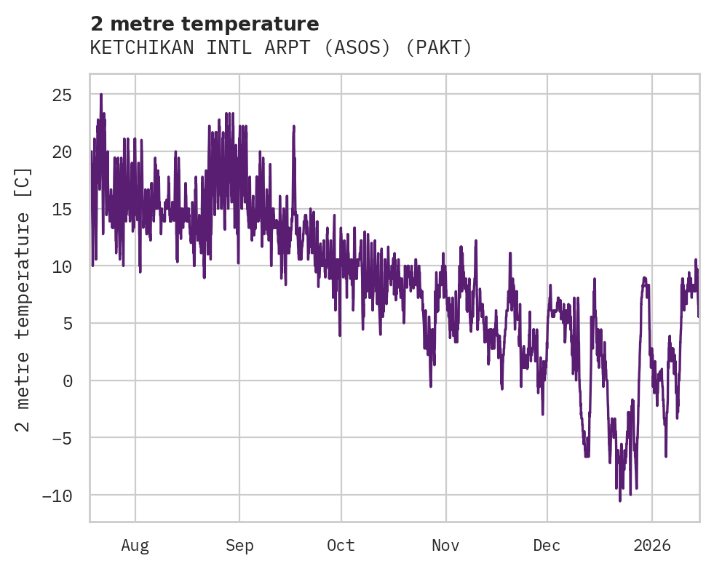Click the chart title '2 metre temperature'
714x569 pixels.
pos(205,24)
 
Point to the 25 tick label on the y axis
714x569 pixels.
pos(62,95)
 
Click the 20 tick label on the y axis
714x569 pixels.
pos(62,152)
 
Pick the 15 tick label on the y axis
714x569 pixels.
pos(62,210)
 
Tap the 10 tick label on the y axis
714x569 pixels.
pos(62,266)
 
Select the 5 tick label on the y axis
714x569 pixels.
pos(67,324)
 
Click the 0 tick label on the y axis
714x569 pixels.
pos(67,381)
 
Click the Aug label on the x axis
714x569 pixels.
pos(135,546)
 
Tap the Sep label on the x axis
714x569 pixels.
pos(239,546)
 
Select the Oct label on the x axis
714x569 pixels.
pos(341,546)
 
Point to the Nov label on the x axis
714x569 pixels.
pos(445,546)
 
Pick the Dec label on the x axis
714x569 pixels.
pos(547,546)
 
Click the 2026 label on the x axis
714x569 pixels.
pos(652,546)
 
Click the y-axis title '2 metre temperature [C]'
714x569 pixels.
pos(23,298)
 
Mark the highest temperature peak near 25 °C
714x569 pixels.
pos(101,95)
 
